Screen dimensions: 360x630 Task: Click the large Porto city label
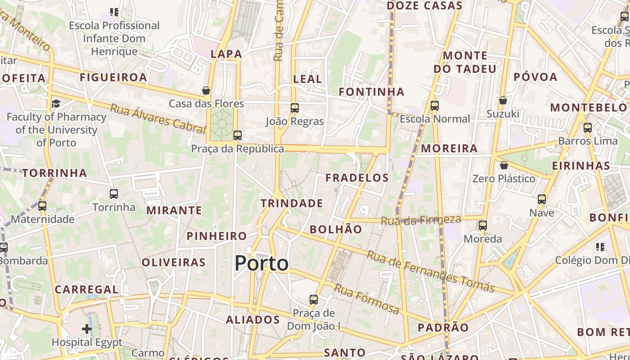click(x=261, y=263)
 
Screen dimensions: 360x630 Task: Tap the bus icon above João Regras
click(x=295, y=108)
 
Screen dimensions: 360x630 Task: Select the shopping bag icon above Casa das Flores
click(x=206, y=90)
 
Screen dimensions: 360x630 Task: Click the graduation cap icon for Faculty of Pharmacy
click(x=56, y=104)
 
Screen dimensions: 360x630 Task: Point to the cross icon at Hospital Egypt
click(x=87, y=329)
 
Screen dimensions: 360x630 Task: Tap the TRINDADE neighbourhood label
click(x=292, y=203)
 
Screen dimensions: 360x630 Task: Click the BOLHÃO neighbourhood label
click(x=336, y=229)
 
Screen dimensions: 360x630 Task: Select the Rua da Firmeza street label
click(x=421, y=220)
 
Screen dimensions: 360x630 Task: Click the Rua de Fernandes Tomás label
click(x=431, y=271)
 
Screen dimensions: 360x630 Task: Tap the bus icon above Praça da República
click(x=237, y=135)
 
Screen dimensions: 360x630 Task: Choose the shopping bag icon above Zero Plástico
click(x=504, y=165)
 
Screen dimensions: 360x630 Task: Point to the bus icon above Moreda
click(x=483, y=225)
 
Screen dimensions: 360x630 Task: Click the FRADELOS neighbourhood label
click(x=357, y=178)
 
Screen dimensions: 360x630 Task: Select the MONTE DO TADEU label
click(x=465, y=62)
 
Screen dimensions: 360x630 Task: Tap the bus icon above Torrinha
click(x=114, y=194)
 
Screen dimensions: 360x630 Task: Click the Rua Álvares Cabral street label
click(x=158, y=118)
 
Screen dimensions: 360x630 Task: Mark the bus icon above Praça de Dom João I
click(x=314, y=299)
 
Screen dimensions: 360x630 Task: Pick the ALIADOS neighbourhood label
click(x=253, y=320)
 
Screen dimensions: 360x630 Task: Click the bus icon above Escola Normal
click(x=435, y=106)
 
